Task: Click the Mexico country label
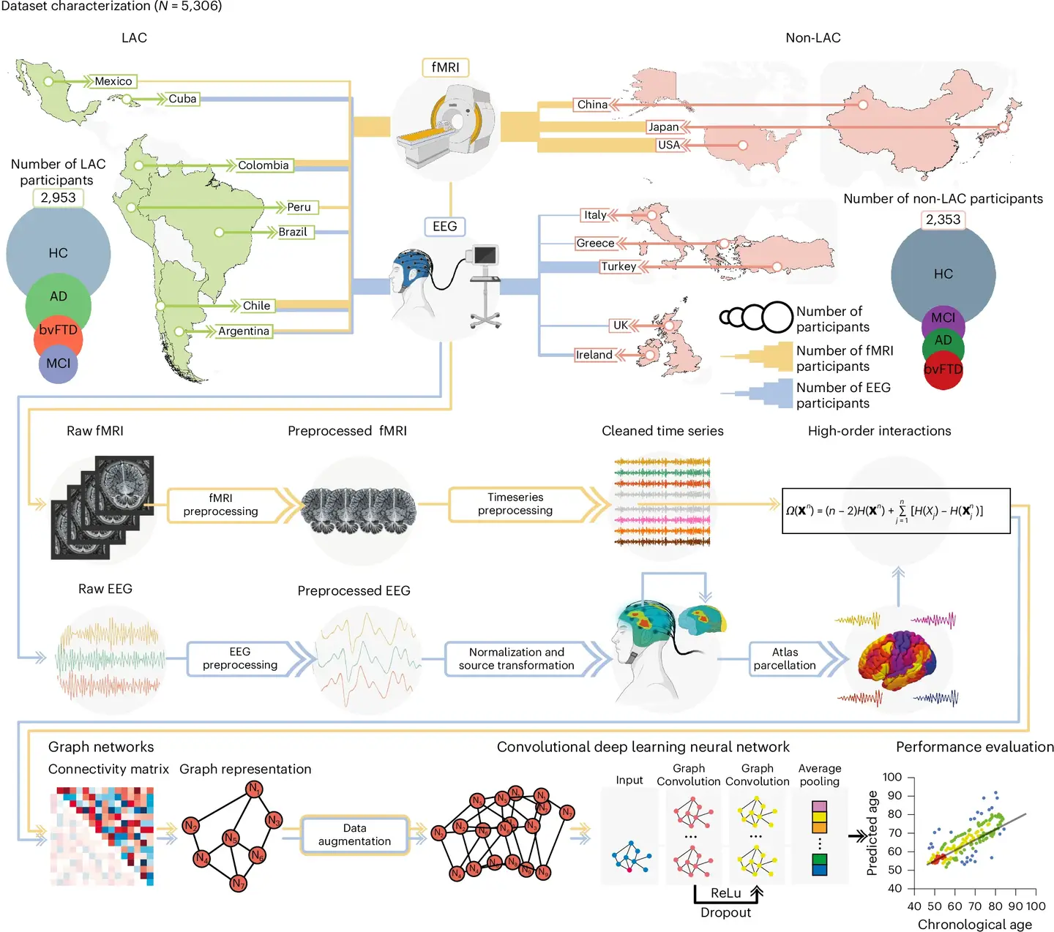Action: [113, 81]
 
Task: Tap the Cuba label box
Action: [182, 99]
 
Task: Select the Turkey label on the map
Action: [618, 266]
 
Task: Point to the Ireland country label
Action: [594, 355]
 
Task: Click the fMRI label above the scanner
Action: [445, 67]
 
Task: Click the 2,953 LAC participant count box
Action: [58, 198]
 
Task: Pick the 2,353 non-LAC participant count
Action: [943, 219]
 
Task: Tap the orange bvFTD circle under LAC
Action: [58, 331]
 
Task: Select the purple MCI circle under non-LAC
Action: [943, 318]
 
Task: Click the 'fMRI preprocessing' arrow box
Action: [221, 505]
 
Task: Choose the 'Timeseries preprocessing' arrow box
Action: [515, 504]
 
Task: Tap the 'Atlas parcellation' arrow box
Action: [785, 658]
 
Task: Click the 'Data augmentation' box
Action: [355, 835]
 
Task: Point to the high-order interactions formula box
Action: [896, 511]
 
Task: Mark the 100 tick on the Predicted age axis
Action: [892, 777]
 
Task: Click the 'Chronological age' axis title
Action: [975, 925]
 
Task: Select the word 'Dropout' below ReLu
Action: [725, 912]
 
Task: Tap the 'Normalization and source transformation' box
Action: [516, 658]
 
